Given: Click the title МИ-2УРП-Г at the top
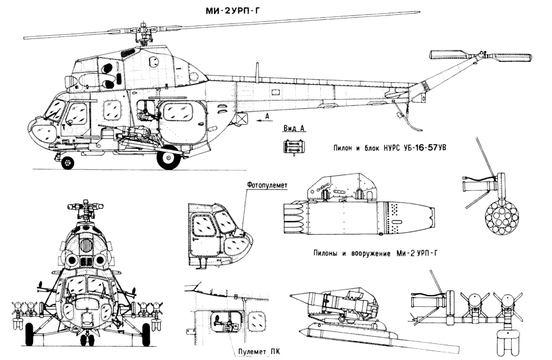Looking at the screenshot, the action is [x=233, y=11].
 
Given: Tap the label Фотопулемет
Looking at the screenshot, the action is [x=267, y=185].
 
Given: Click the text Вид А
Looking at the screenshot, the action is [x=294, y=129].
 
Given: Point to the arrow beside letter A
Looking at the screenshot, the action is [x=264, y=120].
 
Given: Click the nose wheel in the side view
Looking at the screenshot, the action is [x=68, y=162].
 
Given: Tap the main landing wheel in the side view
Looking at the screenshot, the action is [x=169, y=157].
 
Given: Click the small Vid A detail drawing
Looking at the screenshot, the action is [x=294, y=147].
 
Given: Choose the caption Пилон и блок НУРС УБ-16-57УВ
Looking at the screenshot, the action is [x=389, y=148].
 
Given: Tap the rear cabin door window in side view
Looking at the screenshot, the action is [x=178, y=112].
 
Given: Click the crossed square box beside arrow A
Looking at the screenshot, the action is [x=242, y=119].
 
